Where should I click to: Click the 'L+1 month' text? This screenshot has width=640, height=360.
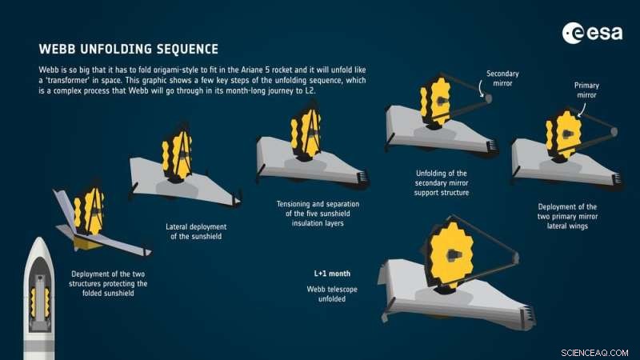pyautogui.click(x=330, y=274)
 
